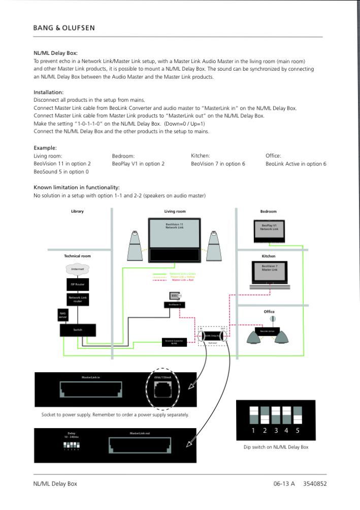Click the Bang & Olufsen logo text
pyautogui.click(x=64, y=27)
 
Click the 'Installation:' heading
pyautogui.click(x=49, y=92)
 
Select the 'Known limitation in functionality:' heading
pyautogui.click(x=77, y=187)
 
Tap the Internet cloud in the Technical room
pyautogui.click(x=77, y=268)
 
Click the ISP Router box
pyautogui.click(x=77, y=284)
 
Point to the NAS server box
pyautogui.click(x=63, y=315)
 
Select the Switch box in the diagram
pyautogui.click(x=77, y=330)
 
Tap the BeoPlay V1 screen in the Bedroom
pyautogui.click(x=269, y=229)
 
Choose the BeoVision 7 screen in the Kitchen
pyautogui.click(x=269, y=273)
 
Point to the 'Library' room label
pyautogui.click(x=77, y=211)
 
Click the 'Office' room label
pyautogui.click(x=269, y=312)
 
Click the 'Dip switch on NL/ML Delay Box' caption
pyautogui.click(x=276, y=447)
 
